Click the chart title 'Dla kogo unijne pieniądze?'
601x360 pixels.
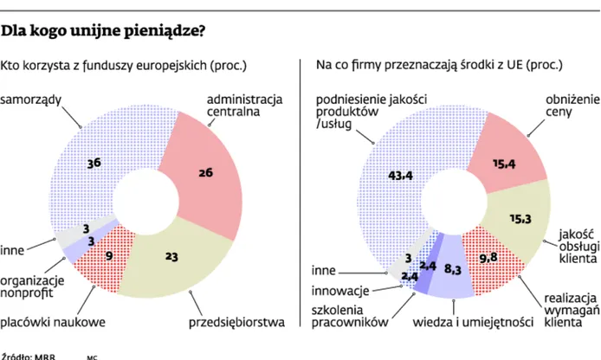pos(103,32)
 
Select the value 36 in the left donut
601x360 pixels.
pos(94,161)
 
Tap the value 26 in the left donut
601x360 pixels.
pos(205,173)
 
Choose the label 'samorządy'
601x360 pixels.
pos(31,99)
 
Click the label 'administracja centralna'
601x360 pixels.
pos(244,106)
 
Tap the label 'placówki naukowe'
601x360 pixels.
pos(53,323)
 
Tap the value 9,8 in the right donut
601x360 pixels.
pos(489,257)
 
